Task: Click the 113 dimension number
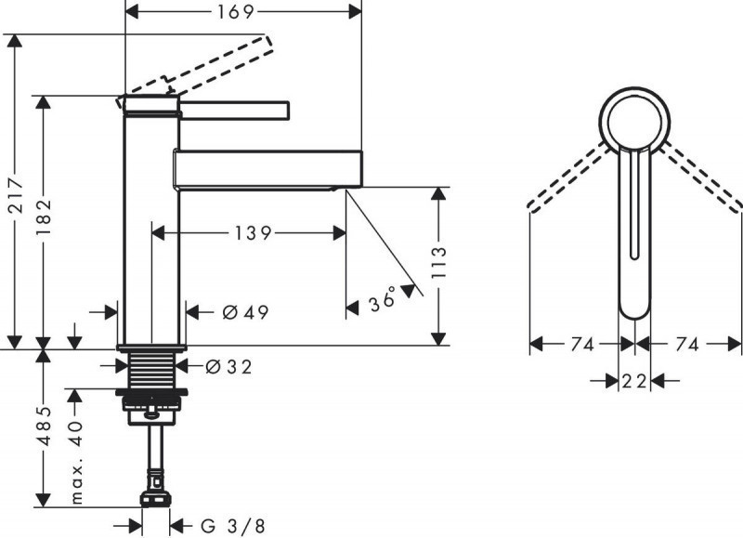tap(439, 266)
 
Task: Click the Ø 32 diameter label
tap(228, 367)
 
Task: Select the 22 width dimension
tap(634, 379)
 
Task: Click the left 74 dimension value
tap(581, 345)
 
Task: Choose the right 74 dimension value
tap(686, 345)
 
